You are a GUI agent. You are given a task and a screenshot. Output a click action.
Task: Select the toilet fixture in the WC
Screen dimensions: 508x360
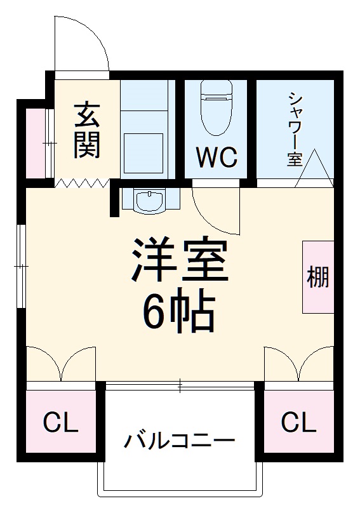tap(216, 108)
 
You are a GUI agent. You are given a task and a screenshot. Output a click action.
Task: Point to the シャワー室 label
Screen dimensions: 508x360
tap(295, 130)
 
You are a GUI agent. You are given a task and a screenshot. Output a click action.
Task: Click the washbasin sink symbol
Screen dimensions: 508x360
tap(150, 201)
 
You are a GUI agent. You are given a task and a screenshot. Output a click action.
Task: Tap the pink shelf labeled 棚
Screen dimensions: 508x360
tap(318, 277)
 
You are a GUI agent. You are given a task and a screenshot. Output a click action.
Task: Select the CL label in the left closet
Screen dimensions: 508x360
tap(60, 422)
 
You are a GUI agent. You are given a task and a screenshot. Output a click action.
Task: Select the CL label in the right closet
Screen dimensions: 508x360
tap(298, 422)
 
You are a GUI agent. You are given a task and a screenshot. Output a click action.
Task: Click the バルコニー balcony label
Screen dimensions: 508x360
tap(180, 440)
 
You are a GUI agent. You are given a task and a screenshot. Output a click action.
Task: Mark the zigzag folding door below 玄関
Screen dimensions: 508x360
tap(83, 184)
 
